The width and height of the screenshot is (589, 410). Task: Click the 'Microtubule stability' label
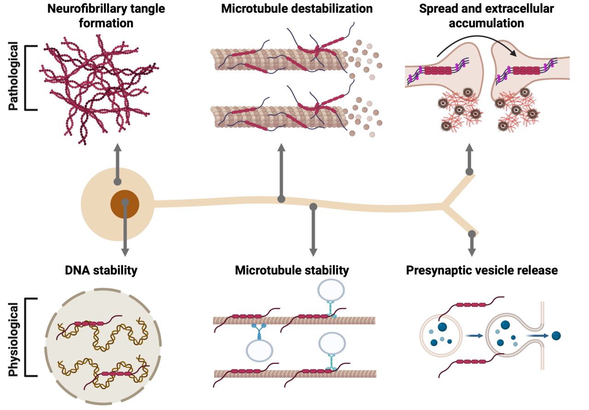292,270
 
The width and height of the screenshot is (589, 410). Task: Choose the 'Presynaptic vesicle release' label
482,270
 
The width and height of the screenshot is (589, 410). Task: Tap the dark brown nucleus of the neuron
124,204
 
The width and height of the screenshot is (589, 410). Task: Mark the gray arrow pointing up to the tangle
117,163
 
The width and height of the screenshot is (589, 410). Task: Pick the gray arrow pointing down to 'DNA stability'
124,230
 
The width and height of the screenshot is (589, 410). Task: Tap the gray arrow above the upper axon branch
469,159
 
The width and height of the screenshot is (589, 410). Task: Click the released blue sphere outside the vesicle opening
557,335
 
